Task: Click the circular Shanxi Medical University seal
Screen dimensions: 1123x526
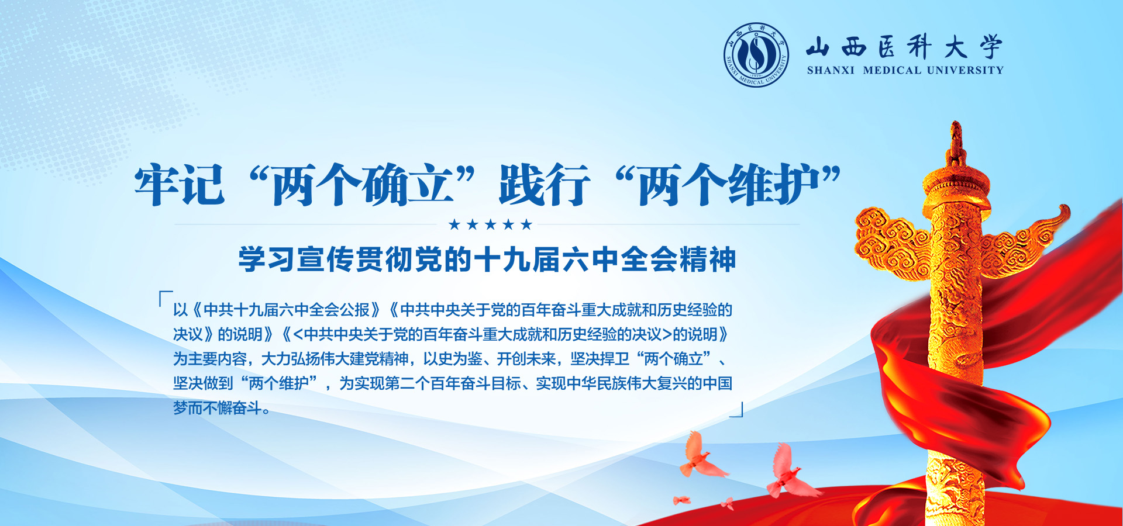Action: click(x=756, y=55)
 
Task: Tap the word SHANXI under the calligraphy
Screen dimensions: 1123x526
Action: click(x=831, y=70)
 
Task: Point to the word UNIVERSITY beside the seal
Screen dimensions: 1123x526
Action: click(x=965, y=70)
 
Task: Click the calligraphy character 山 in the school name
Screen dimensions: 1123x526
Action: click(x=818, y=46)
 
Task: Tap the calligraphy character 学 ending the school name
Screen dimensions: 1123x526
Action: click(x=991, y=46)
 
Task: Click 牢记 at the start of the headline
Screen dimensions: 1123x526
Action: click(x=180, y=185)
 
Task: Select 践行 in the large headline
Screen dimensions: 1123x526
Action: click(x=545, y=185)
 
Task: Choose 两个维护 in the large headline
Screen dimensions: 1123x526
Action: click(x=728, y=185)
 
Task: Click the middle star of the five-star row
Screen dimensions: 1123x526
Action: click(x=490, y=224)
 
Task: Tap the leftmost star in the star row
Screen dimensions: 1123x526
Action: click(x=454, y=224)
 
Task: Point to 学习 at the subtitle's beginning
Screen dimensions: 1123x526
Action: click(x=267, y=259)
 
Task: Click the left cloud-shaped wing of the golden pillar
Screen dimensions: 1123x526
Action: click(x=890, y=243)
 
